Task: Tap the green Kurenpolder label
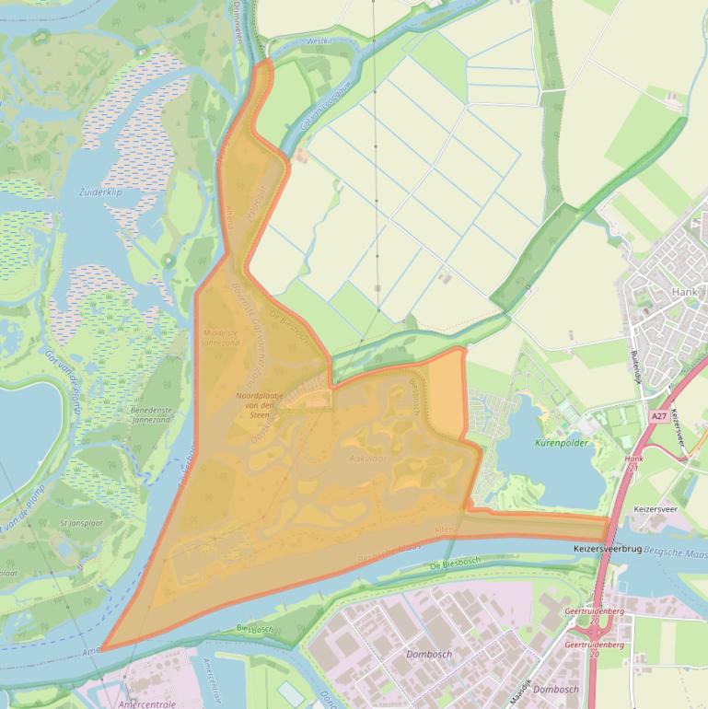(x=562, y=443)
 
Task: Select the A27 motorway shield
(x=657, y=416)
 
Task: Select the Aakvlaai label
(x=366, y=457)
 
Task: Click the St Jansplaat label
(x=77, y=523)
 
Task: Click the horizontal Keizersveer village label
(x=656, y=508)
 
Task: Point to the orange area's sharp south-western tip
(x=102, y=648)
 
